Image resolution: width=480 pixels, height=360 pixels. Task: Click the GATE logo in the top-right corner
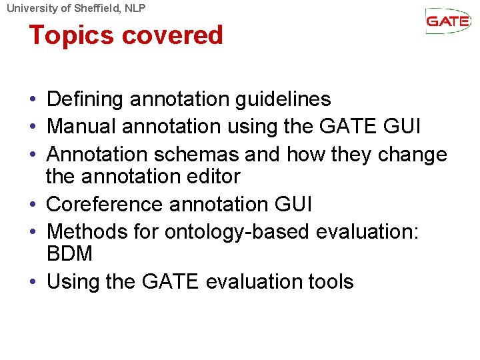click(x=448, y=21)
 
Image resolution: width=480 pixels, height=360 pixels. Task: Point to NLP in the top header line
click(x=133, y=8)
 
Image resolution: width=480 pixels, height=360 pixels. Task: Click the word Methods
click(x=81, y=231)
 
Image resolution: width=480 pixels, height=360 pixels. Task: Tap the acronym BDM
click(x=69, y=254)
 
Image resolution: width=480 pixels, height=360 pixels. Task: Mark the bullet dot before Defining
click(x=33, y=100)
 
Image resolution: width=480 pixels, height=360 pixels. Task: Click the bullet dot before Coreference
click(x=33, y=204)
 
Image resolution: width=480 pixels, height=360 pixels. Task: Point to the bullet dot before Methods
click(x=33, y=231)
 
